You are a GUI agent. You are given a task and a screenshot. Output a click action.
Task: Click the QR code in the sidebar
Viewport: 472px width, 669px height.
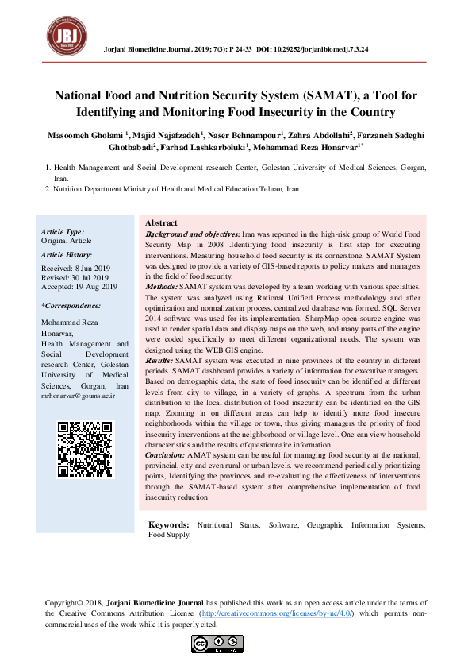86,449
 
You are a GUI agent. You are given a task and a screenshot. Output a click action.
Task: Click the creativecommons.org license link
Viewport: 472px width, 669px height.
277,614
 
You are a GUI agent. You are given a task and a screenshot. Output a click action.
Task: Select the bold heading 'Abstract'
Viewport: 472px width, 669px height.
161,223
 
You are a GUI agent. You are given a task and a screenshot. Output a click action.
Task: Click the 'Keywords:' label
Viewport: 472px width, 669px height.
169,525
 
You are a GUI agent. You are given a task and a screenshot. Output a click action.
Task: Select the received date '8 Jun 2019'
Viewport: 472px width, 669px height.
94,269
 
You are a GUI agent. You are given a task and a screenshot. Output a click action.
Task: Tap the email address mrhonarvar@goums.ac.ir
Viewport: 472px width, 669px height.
79,395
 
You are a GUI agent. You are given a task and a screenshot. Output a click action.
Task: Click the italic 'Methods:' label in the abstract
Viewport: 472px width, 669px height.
161,285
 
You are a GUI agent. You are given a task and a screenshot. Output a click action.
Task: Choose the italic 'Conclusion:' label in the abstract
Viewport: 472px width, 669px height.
165,454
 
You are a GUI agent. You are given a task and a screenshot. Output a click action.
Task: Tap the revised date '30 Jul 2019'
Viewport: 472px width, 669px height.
91,278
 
